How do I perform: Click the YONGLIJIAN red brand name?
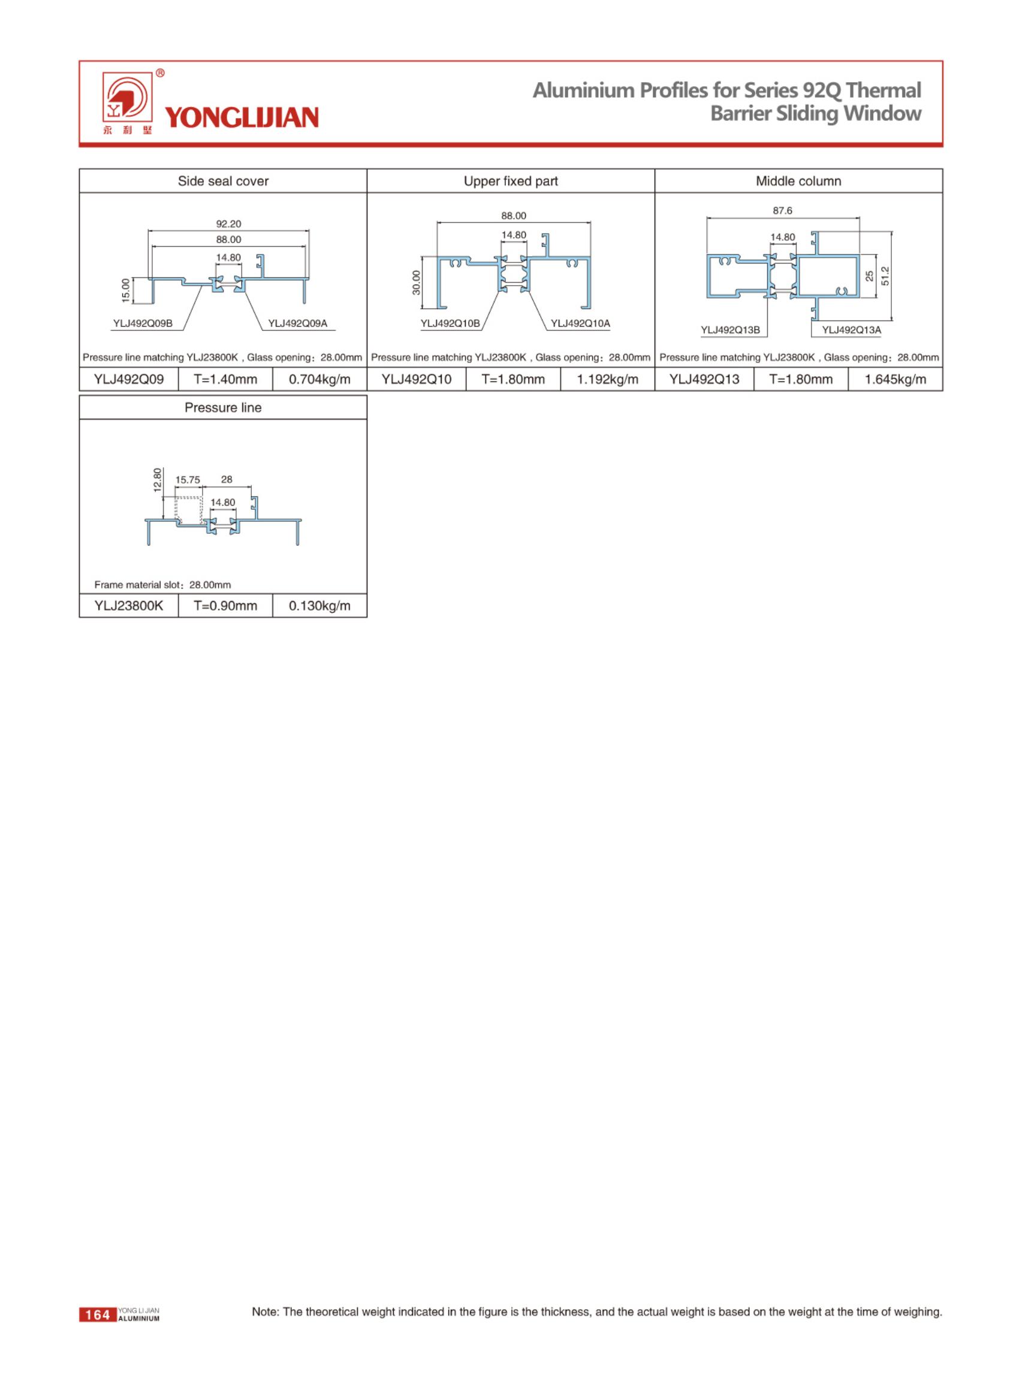(x=242, y=117)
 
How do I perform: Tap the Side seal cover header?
(x=223, y=181)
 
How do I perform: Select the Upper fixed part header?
(x=510, y=181)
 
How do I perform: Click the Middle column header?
(x=798, y=181)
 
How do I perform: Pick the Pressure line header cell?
(x=223, y=407)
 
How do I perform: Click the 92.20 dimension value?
(x=228, y=224)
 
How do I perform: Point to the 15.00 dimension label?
(x=126, y=291)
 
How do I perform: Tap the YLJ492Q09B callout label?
(x=143, y=324)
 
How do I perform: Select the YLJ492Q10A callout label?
(x=580, y=324)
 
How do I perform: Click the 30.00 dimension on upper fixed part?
(x=417, y=283)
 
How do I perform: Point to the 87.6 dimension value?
(x=782, y=211)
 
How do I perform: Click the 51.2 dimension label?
(x=885, y=276)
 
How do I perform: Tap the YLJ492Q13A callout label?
(x=851, y=330)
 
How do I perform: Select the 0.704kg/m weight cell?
(x=319, y=380)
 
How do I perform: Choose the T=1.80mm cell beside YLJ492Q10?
(x=513, y=380)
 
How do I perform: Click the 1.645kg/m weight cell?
(x=894, y=380)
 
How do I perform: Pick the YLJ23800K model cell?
(x=129, y=606)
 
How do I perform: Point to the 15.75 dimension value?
(x=188, y=480)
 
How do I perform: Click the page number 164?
(x=98, y=1315)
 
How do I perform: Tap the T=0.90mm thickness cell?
(x=225, y=606)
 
